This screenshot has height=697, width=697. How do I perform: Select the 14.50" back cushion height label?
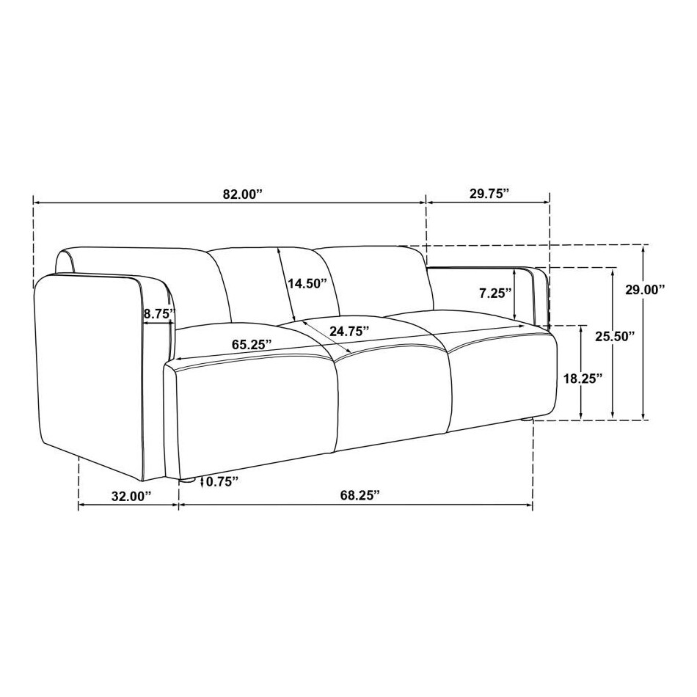[x=307, y=284]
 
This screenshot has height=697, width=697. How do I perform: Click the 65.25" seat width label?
[x=252, y=343]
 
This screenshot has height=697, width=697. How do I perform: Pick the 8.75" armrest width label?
[x=159, y=313]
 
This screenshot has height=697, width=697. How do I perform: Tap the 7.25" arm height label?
[x=494, y=293]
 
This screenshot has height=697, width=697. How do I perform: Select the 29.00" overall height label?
[x=644, y=289]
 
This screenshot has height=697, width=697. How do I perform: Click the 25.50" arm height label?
[x=615, y=337]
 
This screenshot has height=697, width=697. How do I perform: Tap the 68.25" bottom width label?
[x=360, y=495]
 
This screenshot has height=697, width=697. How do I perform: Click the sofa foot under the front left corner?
[x=187, y=481]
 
